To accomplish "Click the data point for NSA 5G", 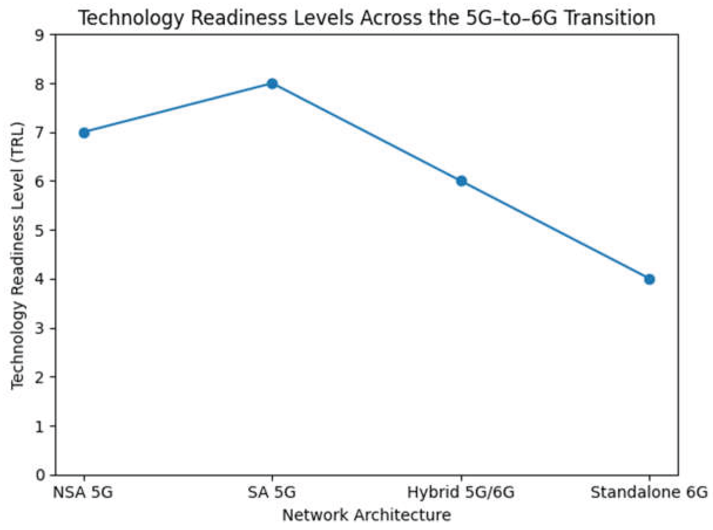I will click(x=84, y=133).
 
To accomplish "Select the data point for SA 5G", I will click(x=272, y=84).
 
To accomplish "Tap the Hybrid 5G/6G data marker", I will click(x=461, y=181).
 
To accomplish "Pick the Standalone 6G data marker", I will click(x=649, y=280).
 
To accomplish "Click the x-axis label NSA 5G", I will click(x=83, y=492).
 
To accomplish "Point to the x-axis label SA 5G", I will click(x=271, y=492).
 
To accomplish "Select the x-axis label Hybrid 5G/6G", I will click(x=461, y=492).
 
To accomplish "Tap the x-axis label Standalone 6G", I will click(x=649, y=492).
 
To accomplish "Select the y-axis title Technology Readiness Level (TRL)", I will click(x=18, y=255).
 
